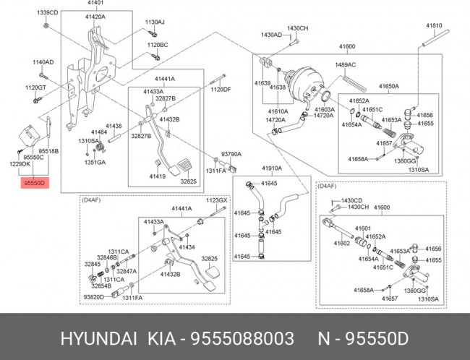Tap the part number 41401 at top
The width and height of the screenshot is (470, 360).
point(95,5)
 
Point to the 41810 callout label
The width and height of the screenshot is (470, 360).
point(433,25)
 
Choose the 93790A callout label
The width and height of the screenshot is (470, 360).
point(231,155)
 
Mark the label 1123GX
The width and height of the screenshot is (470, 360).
point(217,200)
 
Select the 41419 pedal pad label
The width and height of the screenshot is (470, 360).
point(158,176)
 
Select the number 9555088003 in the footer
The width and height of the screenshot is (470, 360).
point(242,338)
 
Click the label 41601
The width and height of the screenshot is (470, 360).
point(362,228)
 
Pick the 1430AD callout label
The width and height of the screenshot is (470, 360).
point(271,35)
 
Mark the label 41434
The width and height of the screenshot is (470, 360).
point(187,247)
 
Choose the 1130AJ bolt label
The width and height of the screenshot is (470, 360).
point(155,22)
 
